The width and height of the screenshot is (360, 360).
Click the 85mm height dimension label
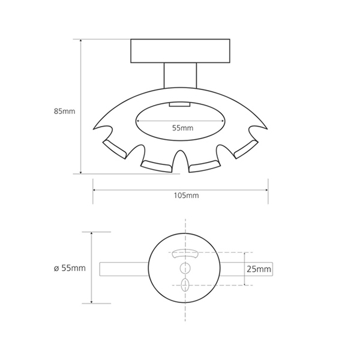point(65,111)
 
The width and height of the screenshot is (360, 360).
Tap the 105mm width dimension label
point(186,196)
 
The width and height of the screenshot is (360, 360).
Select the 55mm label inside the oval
point(183,128)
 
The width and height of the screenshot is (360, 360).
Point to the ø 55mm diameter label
point(70,268)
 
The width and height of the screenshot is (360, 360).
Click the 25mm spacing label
point(259,269)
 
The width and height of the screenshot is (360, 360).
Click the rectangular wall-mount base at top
point(180,51)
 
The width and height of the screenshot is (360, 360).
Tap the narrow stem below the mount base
point(180,76)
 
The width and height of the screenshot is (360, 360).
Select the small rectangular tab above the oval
point(180,104)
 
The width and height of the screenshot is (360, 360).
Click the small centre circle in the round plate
point(185,268)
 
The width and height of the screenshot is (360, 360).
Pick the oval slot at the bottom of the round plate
point(185,285)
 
